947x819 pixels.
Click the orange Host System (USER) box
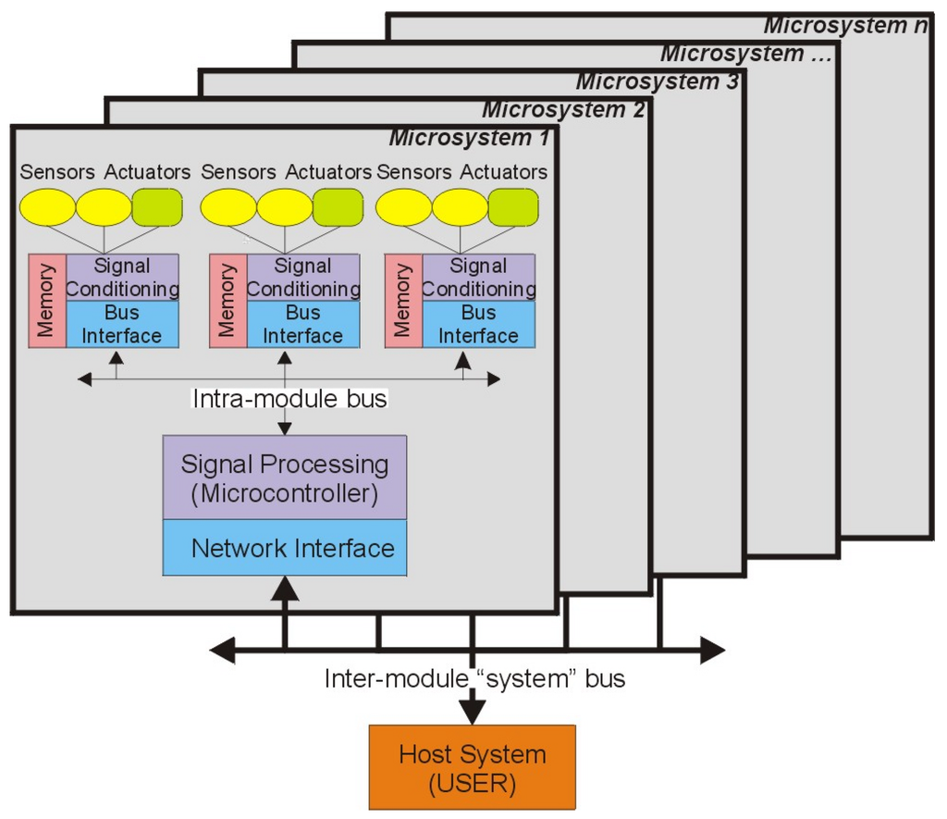472,767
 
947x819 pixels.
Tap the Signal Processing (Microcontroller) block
285,478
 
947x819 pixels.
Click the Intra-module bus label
289,399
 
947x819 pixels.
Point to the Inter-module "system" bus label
474,678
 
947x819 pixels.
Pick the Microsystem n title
845,25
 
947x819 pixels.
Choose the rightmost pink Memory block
403,301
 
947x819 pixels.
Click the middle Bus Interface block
301,324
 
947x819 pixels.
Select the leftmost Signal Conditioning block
122,278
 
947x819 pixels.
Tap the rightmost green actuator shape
513,207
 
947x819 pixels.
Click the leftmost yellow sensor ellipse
47,207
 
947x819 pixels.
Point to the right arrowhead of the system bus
712,650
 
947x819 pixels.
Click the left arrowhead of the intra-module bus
85,378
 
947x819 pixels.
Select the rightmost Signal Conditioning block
478,278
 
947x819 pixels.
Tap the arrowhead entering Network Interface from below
285,587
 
